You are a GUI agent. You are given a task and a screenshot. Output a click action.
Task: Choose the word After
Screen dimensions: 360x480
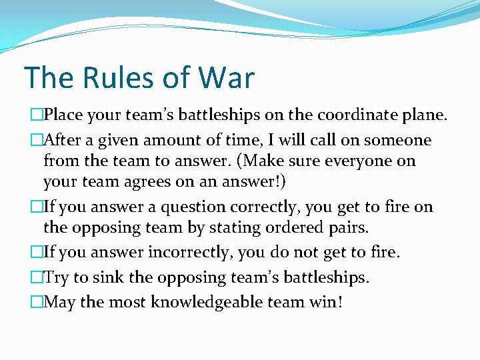tap(67, 140)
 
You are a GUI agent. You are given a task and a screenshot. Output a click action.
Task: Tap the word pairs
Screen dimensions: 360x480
tap(345, 227)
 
